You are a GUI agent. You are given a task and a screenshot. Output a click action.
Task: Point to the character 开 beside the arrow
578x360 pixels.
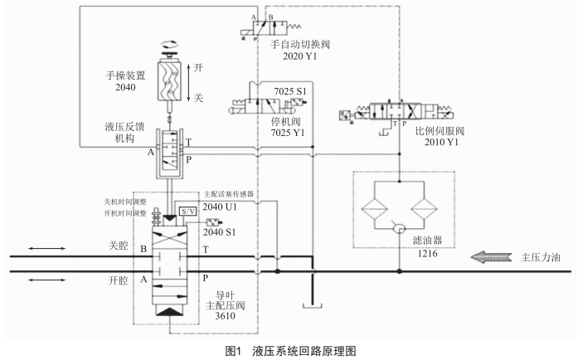tap(198, 69)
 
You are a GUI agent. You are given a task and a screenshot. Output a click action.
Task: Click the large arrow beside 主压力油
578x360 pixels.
tap(490, 257)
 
